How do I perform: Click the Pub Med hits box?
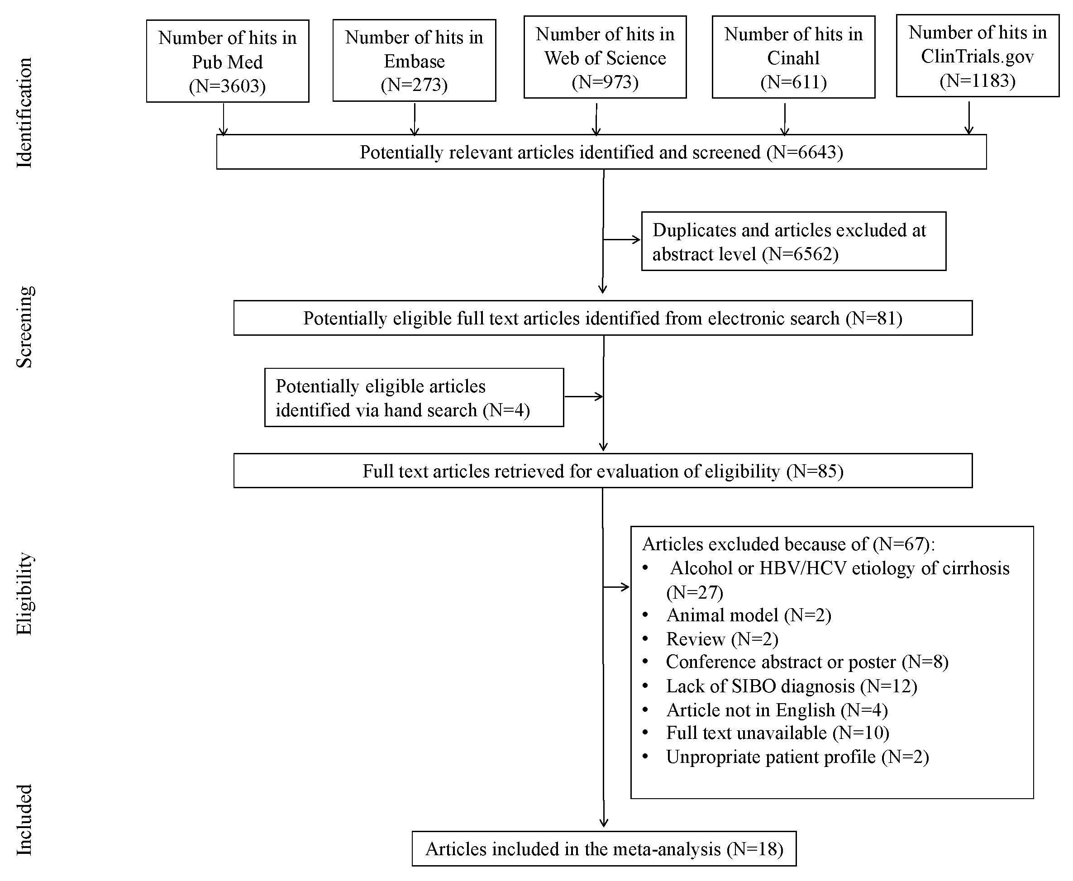pyautogui.click(x=227, y=61)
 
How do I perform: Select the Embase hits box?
pyautogui.click(x=414, y=60)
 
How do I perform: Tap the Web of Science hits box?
pyautogui.click(x=605, y=57)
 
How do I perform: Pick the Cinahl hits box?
pyautogui.click(x=793, y=57)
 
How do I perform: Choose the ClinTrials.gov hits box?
pyautogui.click(x=977, y=56)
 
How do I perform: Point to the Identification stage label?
pyautogui.click(x=24, y=113)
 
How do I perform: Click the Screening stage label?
pyautogui.click(x=24, y=327)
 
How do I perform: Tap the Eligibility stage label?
pyautogui.click(x=24, y=593)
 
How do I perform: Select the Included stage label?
pyautogui.click(x=24, y=819)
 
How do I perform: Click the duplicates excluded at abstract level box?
pyautogui.click(x=793, y=242)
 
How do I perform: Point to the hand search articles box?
pyautogui.click(x=414, y=397)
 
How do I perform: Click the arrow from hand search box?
pyautogui.click(x=584, y=396)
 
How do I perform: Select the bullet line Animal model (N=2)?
pyautogui.click(x=748, y=615)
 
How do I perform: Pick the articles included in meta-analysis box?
pyautogui.click(x=604, y=848)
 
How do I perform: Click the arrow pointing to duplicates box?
pyautogui.click(x=622, y=239)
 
